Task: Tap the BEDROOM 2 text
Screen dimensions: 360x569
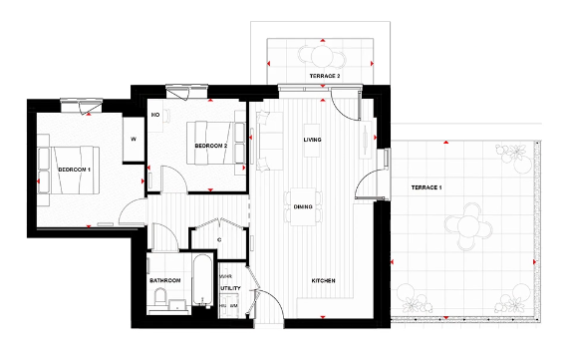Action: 212,146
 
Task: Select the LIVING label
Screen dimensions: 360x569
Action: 313,140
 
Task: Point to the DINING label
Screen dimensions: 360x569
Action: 304,206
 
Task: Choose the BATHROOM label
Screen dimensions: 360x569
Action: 164,281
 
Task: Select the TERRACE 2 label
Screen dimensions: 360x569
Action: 324,76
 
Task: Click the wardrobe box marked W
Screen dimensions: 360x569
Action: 133,140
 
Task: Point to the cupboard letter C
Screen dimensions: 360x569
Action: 218,240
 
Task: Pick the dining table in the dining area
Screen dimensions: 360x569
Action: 303,206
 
